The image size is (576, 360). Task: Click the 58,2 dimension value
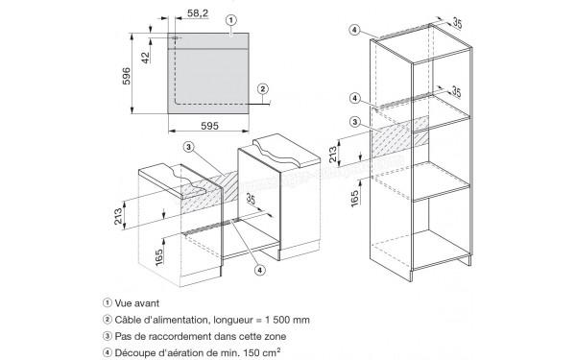(x=198, y=13)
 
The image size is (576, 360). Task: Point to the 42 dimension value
(x=146, y=58)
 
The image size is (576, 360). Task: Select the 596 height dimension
(x=126, y=76)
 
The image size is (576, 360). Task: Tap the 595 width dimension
(x=209, y=126)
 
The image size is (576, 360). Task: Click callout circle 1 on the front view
(x=231, y=20)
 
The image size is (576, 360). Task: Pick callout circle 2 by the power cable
(x=263, y=88)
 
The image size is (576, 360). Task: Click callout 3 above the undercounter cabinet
(x=188, y=147)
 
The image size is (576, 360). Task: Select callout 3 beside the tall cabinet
(x=354, y=122)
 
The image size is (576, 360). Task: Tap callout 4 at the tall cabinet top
(x=354, y=30)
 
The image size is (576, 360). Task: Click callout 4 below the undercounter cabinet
(x=259, y=270)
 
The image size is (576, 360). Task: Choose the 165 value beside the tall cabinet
(x=355, y=199)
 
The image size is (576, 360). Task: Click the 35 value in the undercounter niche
(x=251, y=199)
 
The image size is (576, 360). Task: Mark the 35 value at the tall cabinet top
(x=457, y=23)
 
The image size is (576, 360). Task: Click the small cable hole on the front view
(x=176, y=37)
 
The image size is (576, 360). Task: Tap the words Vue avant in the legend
(x=137, y=303)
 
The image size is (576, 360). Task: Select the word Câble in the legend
(x=127, y=320)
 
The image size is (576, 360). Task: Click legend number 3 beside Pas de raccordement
(x=108, y=336)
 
